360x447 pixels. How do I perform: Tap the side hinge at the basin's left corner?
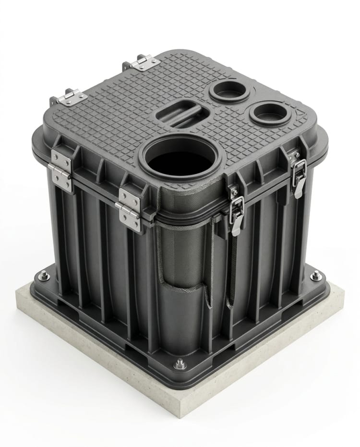(x=61, y=169)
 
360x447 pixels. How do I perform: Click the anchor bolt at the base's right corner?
(x=315, y=276)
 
